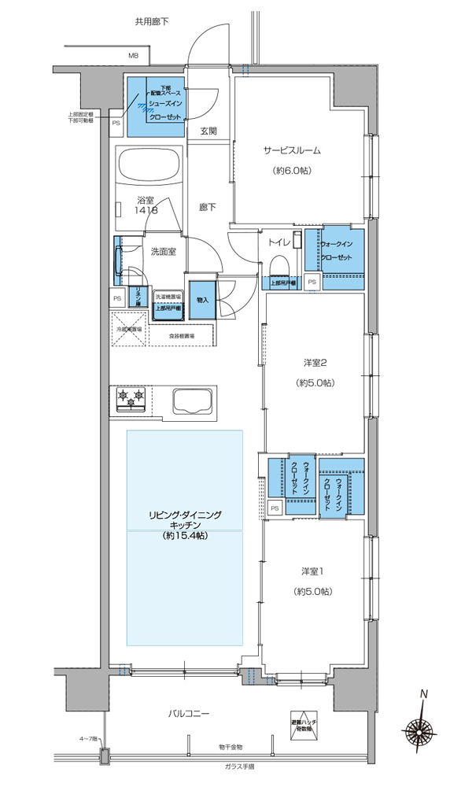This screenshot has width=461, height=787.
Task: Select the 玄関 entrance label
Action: coord(208,131)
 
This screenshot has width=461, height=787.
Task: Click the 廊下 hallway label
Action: coord(207,208)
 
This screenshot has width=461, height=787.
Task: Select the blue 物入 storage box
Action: coord(202,299)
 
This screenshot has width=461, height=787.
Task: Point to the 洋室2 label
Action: coord(315,363)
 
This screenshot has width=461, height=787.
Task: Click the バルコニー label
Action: coord(188,713)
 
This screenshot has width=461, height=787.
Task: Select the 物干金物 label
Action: coord(230,746)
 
